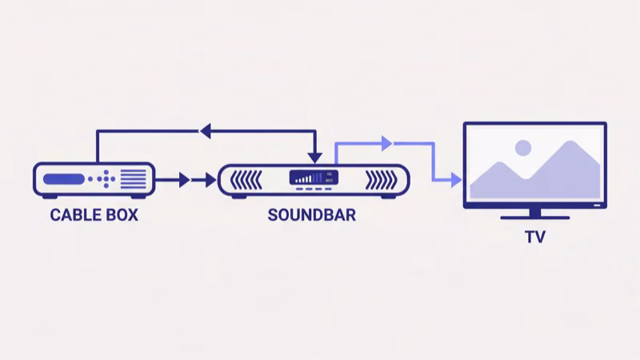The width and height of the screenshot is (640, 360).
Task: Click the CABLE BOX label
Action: (x=94, y=214)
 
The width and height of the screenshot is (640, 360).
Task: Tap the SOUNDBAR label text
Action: (x=311, y=214)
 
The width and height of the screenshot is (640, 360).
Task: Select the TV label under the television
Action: (x=534, y=237)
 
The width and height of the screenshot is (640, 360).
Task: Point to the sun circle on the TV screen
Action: (x=523, y=147)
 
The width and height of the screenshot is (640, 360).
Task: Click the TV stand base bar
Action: (x=534, y=217)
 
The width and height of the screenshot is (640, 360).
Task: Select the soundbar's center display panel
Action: (x=313, y=180)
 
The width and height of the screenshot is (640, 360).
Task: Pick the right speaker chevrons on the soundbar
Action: (x=380, y=180)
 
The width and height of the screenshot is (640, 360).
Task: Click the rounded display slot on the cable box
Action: (x=63, y=178)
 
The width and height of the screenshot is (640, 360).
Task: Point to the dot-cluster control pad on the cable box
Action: (x=102, y=178)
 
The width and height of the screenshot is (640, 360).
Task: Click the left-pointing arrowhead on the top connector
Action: (x=206, y=130)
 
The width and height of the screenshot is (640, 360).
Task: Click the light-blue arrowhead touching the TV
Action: (x=456, y=179)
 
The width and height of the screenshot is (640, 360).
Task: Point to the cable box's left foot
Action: (x=46, y=196)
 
